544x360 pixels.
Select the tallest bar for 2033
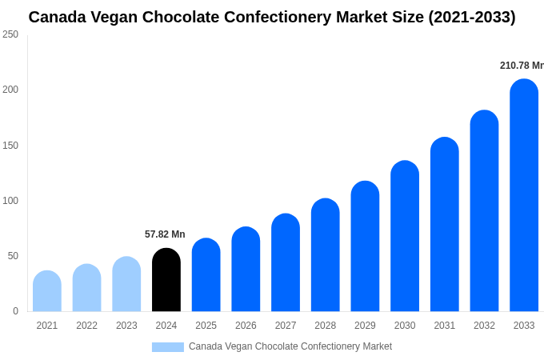524,196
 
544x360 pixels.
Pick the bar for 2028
326,255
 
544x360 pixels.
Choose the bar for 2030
405,237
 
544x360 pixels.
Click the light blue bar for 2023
126,285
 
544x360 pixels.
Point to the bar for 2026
246,270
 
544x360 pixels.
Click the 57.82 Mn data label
165,234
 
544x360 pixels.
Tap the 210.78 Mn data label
522,66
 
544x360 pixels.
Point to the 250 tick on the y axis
10,34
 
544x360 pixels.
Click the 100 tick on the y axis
10,201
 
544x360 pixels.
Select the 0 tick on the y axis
15,311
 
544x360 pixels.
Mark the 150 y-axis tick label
10,146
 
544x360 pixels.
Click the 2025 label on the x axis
206,326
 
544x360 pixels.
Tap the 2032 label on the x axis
484,326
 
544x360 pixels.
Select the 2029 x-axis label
365,326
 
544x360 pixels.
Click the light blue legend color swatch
168,347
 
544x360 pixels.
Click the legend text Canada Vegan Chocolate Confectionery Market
290,346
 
